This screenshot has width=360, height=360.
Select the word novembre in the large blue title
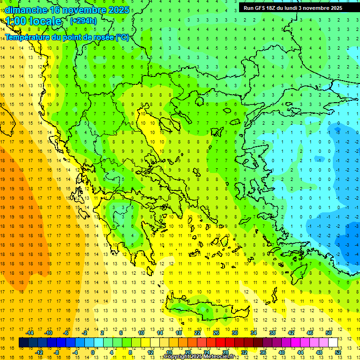82,10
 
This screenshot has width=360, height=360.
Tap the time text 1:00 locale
33,21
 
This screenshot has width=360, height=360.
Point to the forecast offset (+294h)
83,21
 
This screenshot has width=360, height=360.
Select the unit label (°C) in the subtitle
122,37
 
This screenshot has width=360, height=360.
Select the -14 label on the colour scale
30,333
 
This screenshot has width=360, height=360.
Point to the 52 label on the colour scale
338,352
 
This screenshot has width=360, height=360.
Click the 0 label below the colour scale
93,352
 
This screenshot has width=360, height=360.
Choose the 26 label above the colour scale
216,333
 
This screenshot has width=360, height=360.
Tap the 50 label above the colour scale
329,333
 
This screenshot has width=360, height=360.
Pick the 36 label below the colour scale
263,352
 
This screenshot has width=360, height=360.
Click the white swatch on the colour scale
333,343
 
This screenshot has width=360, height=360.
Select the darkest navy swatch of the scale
24,343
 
